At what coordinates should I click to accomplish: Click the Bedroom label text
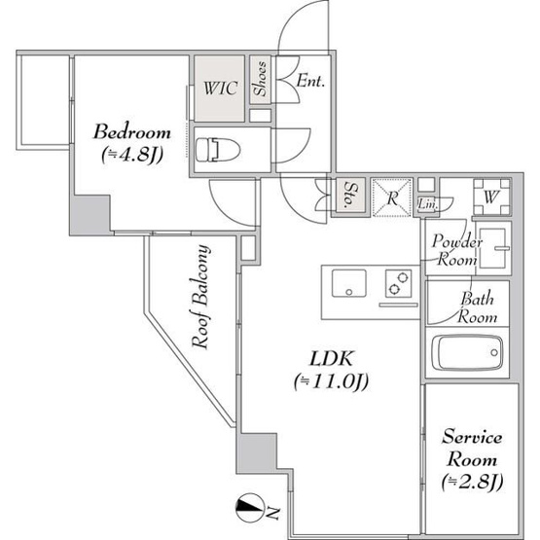[132, 132]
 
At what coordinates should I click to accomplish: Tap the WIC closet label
[220, 89]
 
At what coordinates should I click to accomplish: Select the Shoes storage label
[261, 79]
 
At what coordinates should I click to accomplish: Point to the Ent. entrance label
[310, 82]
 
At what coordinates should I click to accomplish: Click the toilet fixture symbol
[218, 149]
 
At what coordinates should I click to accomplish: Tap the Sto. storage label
[351, 195]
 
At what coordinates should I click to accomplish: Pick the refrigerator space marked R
[392, 198]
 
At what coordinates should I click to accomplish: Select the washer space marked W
[491, 197]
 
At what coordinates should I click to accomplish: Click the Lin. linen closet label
[428, 205]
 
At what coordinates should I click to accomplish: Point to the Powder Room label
[456, 250]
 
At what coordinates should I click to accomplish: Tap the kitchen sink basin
[349, 283]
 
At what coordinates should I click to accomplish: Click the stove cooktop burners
[399, 283]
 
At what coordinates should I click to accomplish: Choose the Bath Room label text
[478, 307]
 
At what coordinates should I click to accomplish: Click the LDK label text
[332, 359]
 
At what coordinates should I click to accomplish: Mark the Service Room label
[472, 449]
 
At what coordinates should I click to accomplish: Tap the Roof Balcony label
[200, 297]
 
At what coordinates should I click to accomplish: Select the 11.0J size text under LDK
[332, 381]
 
